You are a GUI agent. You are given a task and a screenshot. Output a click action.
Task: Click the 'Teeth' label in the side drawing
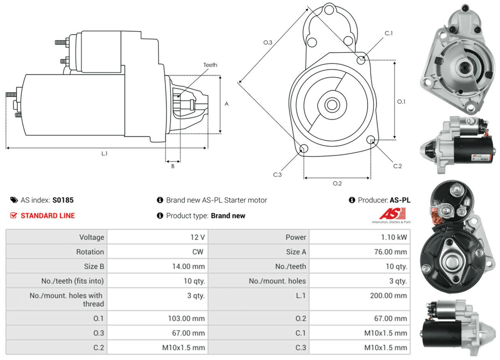point(210,65)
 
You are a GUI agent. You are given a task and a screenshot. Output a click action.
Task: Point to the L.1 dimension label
point(104,153)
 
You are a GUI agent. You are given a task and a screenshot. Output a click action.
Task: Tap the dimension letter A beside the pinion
point(226,104)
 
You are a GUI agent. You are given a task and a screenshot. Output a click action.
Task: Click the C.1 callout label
point(388,33)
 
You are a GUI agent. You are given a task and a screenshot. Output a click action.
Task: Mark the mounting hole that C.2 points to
point(371,140)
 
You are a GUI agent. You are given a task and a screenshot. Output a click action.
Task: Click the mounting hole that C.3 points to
point(303,148)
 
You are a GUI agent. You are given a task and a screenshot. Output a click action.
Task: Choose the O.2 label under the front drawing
point(337,183)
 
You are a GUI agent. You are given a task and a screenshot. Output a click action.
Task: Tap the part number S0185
point(63,200)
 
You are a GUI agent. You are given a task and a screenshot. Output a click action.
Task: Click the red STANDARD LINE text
point(47,215)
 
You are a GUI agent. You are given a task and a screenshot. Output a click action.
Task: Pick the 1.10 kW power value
point(395,237)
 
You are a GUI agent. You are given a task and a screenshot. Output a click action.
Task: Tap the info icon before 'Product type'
point(160,215)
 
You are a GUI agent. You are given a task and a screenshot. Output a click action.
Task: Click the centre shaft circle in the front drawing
point(330,105)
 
